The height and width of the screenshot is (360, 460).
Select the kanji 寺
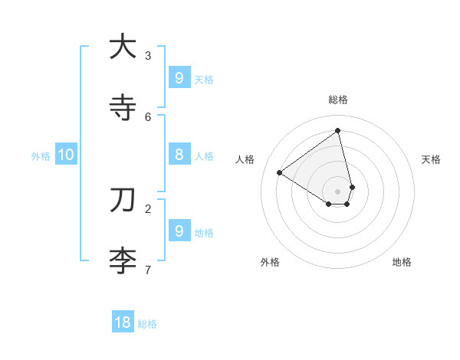123,107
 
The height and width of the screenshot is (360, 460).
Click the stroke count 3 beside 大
148,55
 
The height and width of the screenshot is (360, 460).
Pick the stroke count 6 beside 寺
148,116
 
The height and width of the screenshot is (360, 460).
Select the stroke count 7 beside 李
148,270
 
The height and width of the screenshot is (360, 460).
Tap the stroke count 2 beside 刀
148,208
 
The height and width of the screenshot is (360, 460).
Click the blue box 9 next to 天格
179,77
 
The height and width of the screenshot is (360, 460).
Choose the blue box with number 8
179,154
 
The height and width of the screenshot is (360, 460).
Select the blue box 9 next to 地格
179,231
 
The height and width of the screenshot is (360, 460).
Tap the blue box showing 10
66,155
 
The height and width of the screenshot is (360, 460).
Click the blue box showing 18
123,322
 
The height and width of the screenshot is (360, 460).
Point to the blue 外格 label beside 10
41,156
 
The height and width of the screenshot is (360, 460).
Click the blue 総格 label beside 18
147,324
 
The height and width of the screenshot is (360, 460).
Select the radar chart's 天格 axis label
432,159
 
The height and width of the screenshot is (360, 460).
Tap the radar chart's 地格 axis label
402,262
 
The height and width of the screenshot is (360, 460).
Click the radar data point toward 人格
280,173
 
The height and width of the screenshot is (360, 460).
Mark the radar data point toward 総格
337,131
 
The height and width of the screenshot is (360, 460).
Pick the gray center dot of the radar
337,191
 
